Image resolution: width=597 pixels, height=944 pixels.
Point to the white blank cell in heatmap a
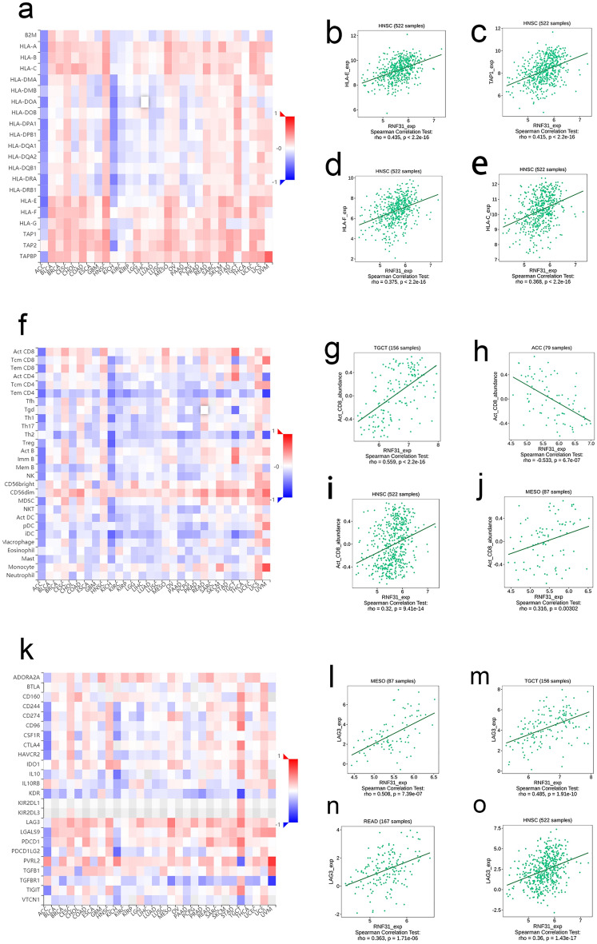coord(145,102)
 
